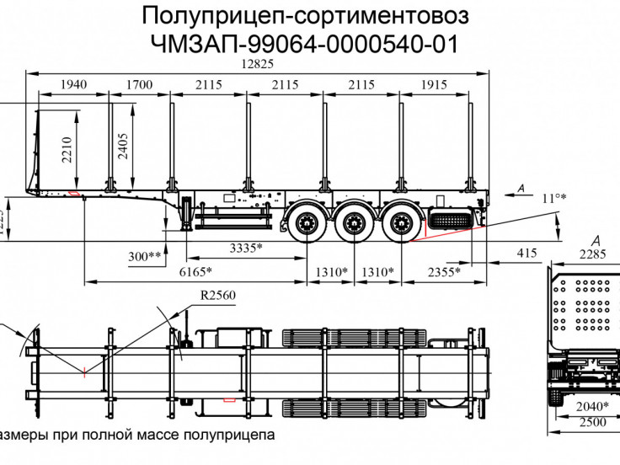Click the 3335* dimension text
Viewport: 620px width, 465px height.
(246, 248)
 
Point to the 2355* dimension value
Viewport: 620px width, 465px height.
(442, 271)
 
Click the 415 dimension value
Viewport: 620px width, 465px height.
(526, 253)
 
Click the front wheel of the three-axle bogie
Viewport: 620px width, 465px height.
(305, 223)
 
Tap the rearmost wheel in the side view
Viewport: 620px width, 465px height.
(397, 223)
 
